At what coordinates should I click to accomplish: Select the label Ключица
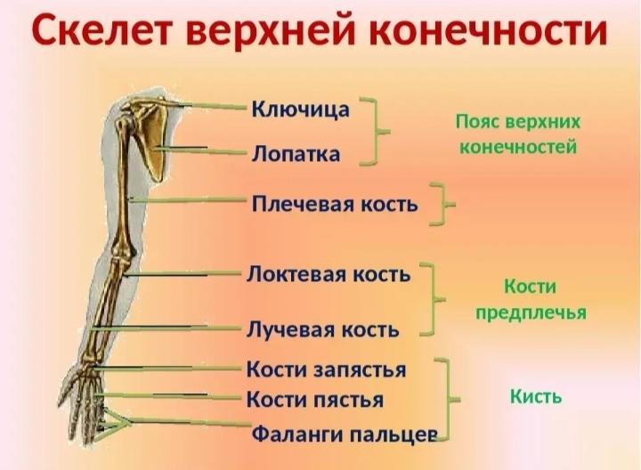pyautogui.click(x=301, y=109)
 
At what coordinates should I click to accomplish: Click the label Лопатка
pyautogui.click(x=296, y=154)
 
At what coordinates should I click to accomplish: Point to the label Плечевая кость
pyautogui.click(x=335, y=204)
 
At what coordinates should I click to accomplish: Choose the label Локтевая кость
pyautogui.click(x=329, y=274)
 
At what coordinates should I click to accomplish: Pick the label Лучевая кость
pyautogui.click(x=322, y=329)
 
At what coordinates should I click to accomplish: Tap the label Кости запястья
pyautogui.click(x=326, y=370)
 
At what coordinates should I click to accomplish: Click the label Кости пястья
pyautogui.click(x=315, y=400)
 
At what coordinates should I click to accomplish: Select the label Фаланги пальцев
pyautogui.click(x=345, y=434)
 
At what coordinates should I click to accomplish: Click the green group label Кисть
pyautogui.click(x=536, y=396)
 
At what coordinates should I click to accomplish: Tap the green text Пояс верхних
pyautogui.click(x=518, y=121)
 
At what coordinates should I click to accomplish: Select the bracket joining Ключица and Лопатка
pyautogui.click(x=375, y=132)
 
